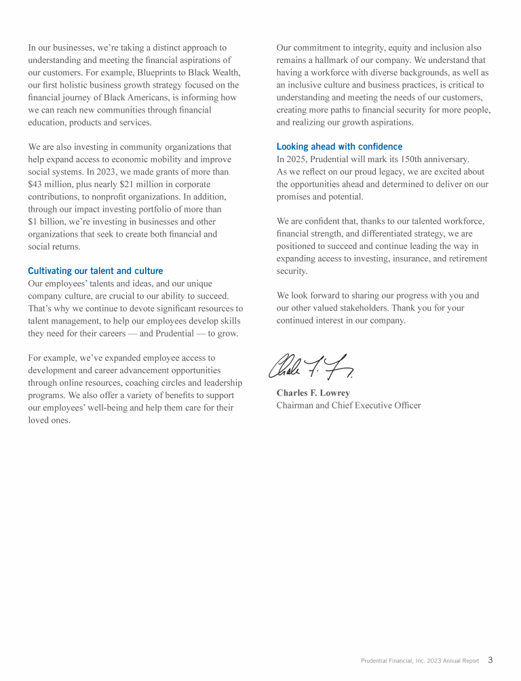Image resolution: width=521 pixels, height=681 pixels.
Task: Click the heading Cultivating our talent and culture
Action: (95, 271)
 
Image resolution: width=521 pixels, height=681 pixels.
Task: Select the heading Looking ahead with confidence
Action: (339, 147)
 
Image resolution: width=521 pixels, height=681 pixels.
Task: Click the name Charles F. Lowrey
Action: (313, 393)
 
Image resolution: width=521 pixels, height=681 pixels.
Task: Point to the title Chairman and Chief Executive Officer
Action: (348, 406)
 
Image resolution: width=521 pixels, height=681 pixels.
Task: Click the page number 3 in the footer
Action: (490, 660)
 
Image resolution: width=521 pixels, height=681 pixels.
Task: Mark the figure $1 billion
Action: (48, 221)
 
